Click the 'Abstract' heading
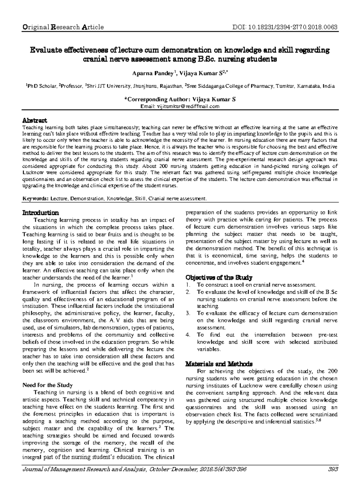[35, 121]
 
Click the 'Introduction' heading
[41, 213]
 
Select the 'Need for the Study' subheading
[48, 385]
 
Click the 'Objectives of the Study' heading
[219, 277]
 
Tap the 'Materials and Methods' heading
[219, 364]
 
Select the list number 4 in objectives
[188, 335]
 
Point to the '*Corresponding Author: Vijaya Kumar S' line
[180, 99]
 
